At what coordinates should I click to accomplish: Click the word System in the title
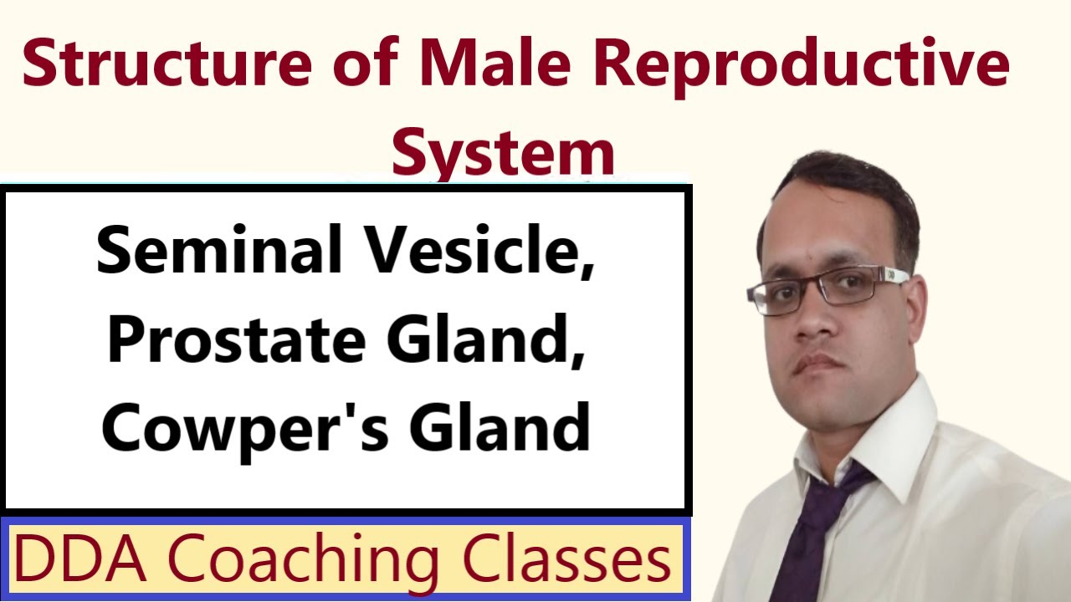click(504, 151)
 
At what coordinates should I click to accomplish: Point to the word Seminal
click(219, 251)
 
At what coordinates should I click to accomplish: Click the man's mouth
click(816, 361)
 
